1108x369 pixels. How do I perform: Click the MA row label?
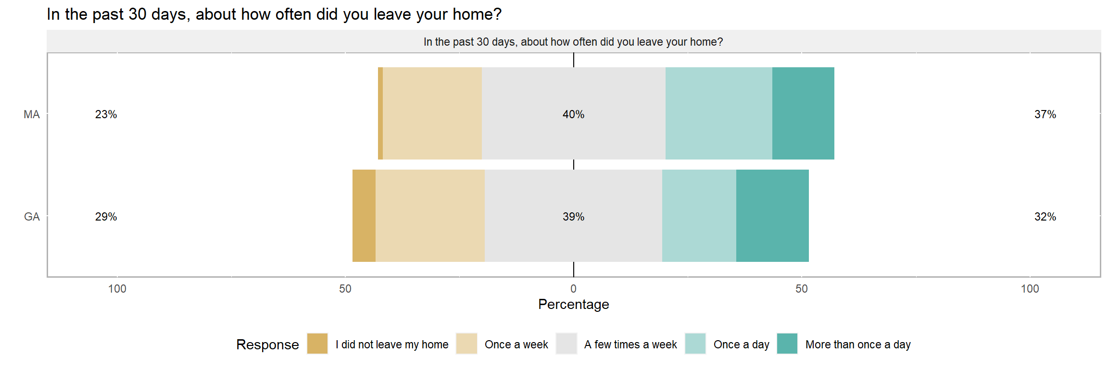coord(32,114)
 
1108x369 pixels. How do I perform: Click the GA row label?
coord(32,217)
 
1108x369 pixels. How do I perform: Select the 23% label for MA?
coord(106,114)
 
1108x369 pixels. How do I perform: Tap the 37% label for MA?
coord(1045,114)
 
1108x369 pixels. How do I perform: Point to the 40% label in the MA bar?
coord(573,114)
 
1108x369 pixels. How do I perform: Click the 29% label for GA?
coord(106,217)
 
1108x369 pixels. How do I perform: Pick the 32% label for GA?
coord(1045,217)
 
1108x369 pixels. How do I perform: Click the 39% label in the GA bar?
coord(573,217)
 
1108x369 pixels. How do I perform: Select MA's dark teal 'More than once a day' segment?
coord(803,113)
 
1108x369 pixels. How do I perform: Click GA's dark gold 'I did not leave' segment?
coord(364,216)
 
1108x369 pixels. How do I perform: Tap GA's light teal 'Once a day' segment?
coord(699,216)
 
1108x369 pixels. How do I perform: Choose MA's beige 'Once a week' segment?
coord(432,113)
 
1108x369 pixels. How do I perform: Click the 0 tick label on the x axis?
coord(573,289)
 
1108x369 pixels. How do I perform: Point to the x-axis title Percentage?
coord(573,304)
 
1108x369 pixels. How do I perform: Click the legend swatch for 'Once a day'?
coord(695,344)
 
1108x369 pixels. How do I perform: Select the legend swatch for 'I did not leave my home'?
coord(317,344)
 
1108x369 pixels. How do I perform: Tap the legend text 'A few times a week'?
coord(630,344)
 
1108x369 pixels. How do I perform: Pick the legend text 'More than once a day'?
coord(858,344)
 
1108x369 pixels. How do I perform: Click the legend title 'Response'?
coord(267,344)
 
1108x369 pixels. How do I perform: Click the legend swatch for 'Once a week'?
coord(466,344)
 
